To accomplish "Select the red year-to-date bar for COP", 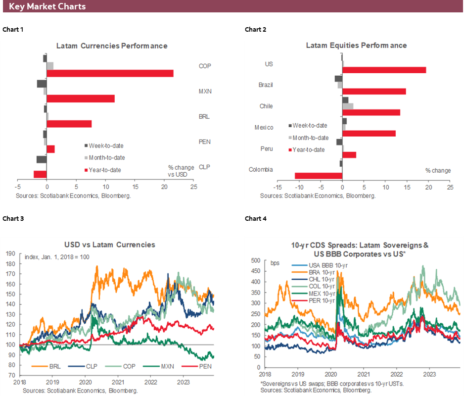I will [x=110, y=73].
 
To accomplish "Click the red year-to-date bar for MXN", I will [x=81, y=99].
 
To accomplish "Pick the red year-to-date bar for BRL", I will [x=69, y=124].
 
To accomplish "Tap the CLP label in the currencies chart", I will [x=204, y=167].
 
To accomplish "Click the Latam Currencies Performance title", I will [x=112, y=46].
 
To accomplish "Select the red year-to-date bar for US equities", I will [x=384, y=70].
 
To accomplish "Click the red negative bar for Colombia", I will [x=319, y=176].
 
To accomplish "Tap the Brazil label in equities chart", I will [x=266, y=85].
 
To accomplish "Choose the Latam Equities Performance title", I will [x=356, y=45].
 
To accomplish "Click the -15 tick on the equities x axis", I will [x=278, y=188].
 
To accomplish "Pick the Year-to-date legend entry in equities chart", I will [x=308, y=149].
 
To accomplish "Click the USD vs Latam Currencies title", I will [x=109, y=245].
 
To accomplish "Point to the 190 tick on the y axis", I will [x=10, y=253].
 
